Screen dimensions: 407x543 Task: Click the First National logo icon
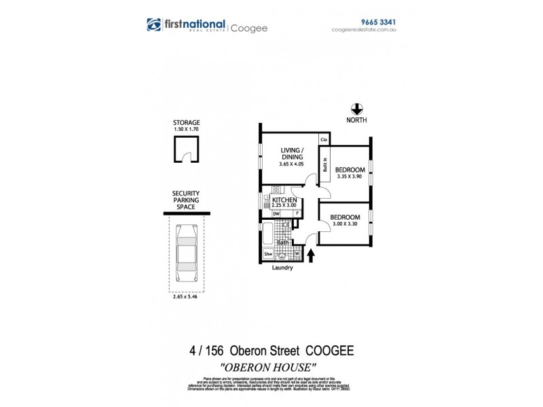154,24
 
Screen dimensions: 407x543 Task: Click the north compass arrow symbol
356,109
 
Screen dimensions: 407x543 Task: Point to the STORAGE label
187,123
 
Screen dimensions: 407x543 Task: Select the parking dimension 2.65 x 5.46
187,296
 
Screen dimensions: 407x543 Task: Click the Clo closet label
324,140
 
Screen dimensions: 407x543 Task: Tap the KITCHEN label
284,201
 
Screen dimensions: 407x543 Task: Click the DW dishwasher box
276,214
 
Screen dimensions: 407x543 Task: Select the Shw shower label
268,255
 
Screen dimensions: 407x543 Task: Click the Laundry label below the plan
282,268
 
